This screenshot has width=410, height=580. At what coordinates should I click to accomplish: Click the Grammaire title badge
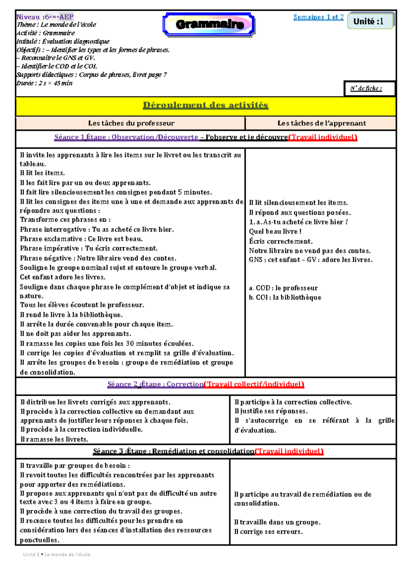(209, 24)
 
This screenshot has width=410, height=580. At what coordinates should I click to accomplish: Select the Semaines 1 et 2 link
(318, 17)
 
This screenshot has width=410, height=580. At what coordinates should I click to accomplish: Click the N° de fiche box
(369, 89)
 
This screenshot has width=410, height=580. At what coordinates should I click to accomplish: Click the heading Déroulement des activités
(205, 105)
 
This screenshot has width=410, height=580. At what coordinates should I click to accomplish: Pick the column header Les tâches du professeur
(131, 123)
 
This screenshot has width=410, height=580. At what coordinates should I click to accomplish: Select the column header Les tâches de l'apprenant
(322, 123)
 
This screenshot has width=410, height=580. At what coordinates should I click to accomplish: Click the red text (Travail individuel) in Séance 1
(323, 137)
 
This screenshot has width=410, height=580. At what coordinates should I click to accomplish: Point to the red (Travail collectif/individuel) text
(254, 384)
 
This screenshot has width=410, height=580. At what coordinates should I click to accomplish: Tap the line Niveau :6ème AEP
(45, 17)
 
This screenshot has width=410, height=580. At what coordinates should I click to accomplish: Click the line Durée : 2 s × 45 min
(44, 83)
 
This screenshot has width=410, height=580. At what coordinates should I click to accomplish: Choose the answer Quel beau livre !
(275, 232)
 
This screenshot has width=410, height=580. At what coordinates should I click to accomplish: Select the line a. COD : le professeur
(283, 288)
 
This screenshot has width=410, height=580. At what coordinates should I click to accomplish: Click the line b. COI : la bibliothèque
(285, 298)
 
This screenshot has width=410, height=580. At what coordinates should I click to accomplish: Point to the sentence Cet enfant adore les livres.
(63, 277)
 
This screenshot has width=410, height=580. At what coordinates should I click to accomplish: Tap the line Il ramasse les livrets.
(54, 439)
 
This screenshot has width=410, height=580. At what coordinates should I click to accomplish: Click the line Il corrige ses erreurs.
(268, 532)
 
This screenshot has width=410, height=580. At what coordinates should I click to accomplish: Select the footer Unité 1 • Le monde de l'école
(56, 554)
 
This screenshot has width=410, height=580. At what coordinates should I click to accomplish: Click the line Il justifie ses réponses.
(271, 411)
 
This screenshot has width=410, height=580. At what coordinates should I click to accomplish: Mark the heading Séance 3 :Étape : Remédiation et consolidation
(174, 451)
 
